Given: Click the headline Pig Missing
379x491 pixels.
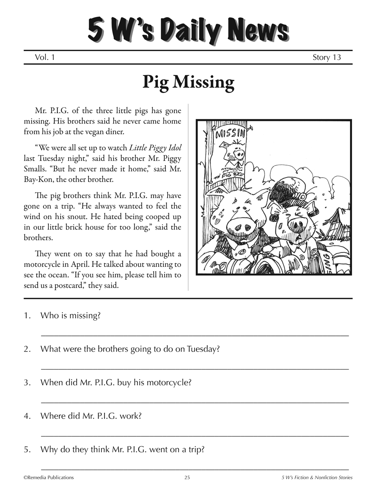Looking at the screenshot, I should click(x=188, y=83).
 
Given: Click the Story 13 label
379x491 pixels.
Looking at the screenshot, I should click(x=326, y=57).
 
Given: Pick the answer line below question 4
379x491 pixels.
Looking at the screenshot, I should click(x=195, y=436).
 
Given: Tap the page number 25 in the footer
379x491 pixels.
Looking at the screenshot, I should click(x=187, y=478).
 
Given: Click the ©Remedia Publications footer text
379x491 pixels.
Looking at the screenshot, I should click(x=48, y=478).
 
